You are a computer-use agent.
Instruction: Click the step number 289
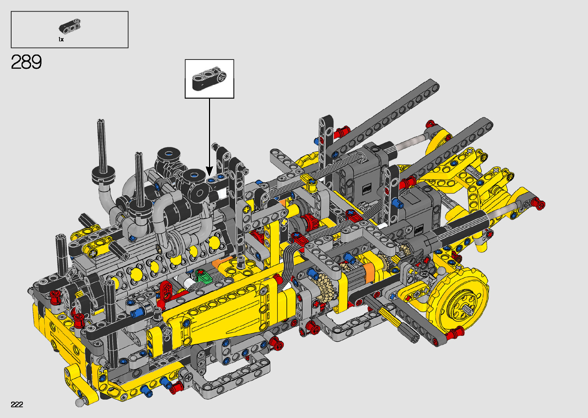point(26,62)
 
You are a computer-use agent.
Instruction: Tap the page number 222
point(17,404)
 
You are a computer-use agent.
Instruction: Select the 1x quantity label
point(61,40)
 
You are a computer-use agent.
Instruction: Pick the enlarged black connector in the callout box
point(209,78)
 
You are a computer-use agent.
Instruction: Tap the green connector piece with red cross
point(204,276)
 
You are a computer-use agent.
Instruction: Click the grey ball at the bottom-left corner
point(79,403)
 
